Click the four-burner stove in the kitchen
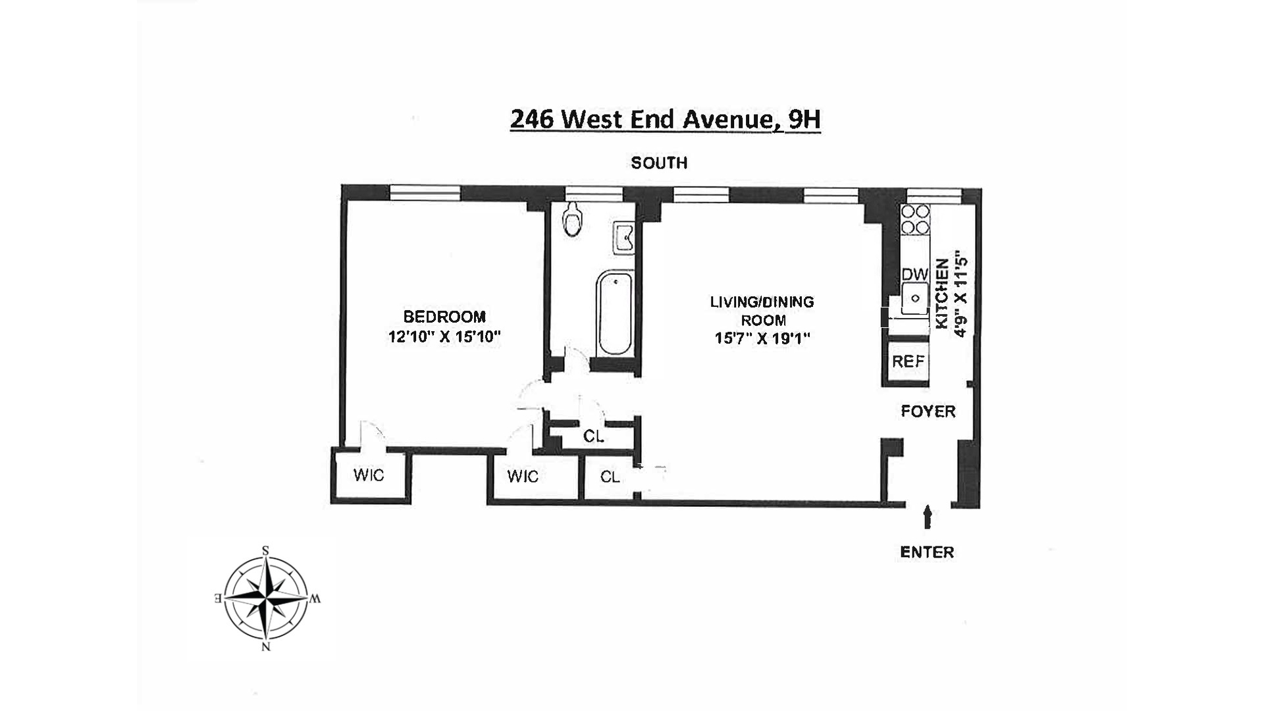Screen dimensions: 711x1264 (915, 220)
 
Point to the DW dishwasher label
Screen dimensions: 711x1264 (914, 275)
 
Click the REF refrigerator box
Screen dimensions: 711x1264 (908, 361)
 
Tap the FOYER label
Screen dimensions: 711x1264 (928, 411)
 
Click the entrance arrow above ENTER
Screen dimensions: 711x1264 (928, 516)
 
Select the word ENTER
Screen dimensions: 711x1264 (926, 552)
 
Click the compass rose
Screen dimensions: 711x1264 (266, 598)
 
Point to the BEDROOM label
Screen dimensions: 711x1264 (444, 317)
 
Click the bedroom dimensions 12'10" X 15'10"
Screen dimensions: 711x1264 (444, 337)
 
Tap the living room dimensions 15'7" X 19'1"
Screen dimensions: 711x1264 (762, 339)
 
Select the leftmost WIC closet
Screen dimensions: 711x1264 (368, 475)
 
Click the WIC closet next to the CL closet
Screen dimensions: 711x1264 (523, 477)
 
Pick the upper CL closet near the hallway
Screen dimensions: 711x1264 (593, 436)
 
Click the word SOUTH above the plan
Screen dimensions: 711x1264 (659, 163)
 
